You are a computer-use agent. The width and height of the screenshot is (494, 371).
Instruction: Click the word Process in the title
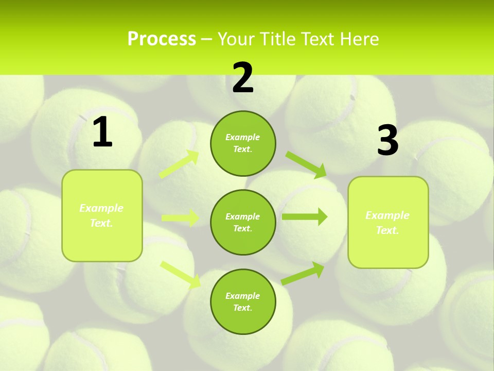coord(162,39)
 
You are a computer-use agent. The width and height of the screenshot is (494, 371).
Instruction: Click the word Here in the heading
coord(359,39)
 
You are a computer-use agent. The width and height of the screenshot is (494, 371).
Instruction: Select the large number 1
coord(102,132)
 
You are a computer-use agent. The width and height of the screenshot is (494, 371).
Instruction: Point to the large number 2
coord(243,78)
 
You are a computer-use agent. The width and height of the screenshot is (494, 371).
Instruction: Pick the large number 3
coord(387,141)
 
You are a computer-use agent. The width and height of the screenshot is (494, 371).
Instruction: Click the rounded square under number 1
coord(102,215)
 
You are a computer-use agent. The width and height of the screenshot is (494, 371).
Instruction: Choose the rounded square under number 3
coord(388,222)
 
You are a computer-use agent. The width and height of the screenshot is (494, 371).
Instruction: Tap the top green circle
coord(243,143)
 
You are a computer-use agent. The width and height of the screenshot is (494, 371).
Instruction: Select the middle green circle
coord(243,222)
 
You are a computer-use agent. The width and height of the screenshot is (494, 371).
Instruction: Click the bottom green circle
coord(243,301)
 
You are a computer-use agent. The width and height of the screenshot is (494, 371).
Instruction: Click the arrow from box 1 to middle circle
coord(180,218)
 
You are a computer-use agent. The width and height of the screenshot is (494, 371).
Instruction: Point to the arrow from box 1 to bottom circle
coord(180,274)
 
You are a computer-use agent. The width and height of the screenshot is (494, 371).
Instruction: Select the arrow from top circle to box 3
coord(306,165)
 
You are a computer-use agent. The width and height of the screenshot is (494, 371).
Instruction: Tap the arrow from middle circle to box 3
coord(304,216)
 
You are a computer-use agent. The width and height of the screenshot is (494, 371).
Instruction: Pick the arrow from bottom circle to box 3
coord(303,274)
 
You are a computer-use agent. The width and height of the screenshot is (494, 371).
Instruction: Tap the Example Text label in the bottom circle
coord(243,301)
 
